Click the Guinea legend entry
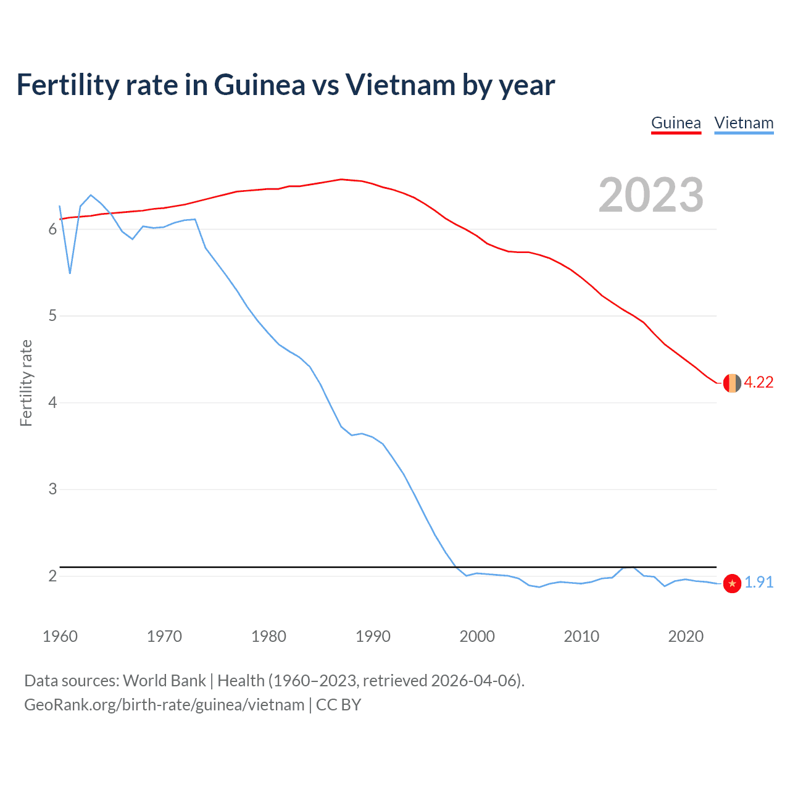676,123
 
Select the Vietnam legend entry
744,123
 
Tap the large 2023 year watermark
651,195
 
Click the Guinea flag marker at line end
731,383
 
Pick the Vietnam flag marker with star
731,583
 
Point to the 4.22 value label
759,383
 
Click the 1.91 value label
759,583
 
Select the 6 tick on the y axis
52,230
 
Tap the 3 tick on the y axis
52,489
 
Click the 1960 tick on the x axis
60,636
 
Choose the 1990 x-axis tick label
373,636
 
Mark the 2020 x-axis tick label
686,636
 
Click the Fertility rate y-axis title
26,383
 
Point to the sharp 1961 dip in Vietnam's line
70,273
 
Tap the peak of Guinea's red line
341,180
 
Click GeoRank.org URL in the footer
164,705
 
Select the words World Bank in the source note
164,681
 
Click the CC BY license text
338,705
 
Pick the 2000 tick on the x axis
477,636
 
